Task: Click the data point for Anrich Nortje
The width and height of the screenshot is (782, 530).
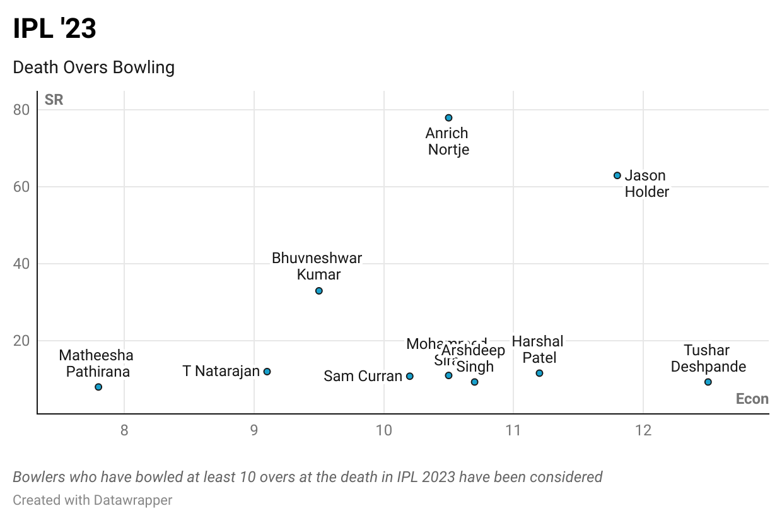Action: coord(448,118)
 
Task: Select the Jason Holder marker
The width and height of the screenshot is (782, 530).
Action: coord(617,175)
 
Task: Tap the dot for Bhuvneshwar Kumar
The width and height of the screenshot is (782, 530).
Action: coord(319,291)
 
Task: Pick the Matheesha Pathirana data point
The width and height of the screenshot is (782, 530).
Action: coord(98,387)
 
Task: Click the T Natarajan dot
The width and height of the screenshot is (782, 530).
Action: coord(267,372)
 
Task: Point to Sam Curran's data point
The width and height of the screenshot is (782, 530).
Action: coord(410,376)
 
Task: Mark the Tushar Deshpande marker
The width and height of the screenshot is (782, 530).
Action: coord(708,382)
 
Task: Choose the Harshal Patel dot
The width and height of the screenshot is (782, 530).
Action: coord(539,373)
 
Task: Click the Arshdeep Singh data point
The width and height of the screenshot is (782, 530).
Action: coord(475,382)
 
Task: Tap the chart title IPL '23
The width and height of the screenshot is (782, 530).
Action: coord(55,29)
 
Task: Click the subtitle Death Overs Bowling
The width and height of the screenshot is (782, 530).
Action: coord(94,68)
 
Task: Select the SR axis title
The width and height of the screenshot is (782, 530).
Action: coord(54,100)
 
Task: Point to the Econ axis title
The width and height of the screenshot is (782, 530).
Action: coord(752,399)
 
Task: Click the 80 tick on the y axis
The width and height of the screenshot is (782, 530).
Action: coord(21,110)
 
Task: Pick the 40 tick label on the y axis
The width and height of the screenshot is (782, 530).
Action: coord(21,264)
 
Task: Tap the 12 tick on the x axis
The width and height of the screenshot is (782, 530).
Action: coord(643,431)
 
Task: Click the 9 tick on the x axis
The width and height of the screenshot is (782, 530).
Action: coord(254,431)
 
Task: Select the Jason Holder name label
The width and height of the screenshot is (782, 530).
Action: coord(646,184)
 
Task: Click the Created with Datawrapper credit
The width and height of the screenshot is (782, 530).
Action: coord(93,500)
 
